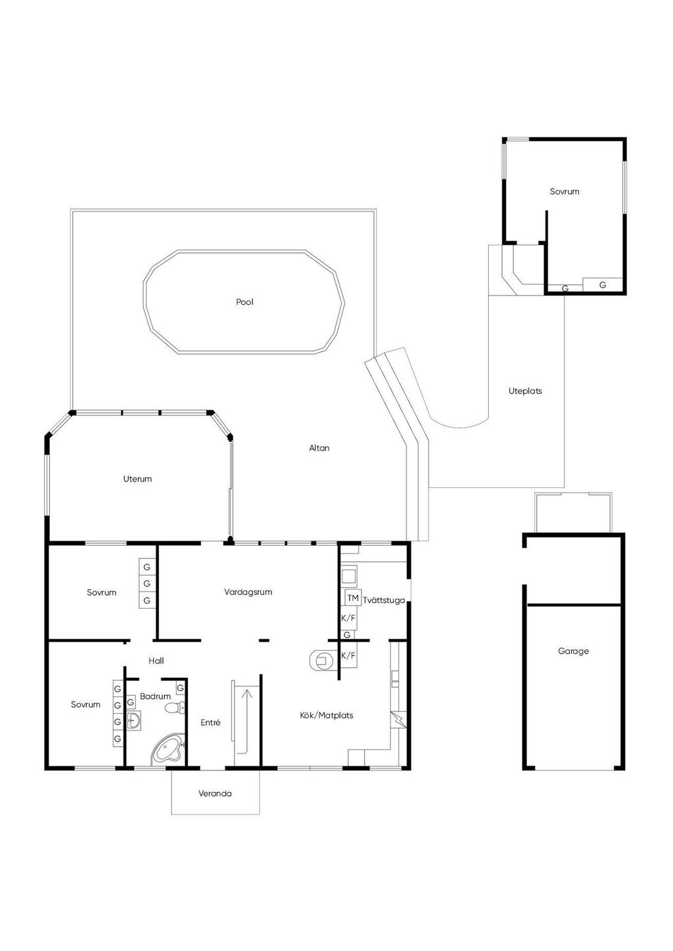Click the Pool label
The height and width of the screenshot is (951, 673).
point(244,302)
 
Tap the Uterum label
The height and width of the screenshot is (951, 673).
point(137,479)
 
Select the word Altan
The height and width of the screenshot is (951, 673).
point(319,448)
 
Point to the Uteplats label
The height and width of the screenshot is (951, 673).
point(525,391)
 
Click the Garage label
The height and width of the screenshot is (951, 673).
point(573,651)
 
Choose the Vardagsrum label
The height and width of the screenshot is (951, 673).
point(248,592)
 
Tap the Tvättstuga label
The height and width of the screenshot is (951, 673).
point(384,600)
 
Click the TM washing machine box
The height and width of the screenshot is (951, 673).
point(353,598)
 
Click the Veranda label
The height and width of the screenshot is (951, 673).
point(215,793)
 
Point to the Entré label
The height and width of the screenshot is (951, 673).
point(210,722)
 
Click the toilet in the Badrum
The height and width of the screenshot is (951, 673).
point(174,708)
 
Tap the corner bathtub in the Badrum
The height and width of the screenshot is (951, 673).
point(167,749)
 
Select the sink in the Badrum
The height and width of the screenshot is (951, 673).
point(134,720)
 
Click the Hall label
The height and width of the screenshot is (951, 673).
point(156,661)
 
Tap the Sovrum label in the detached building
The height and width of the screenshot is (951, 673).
point(565,192)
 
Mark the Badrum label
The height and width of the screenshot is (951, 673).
point(155,696)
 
